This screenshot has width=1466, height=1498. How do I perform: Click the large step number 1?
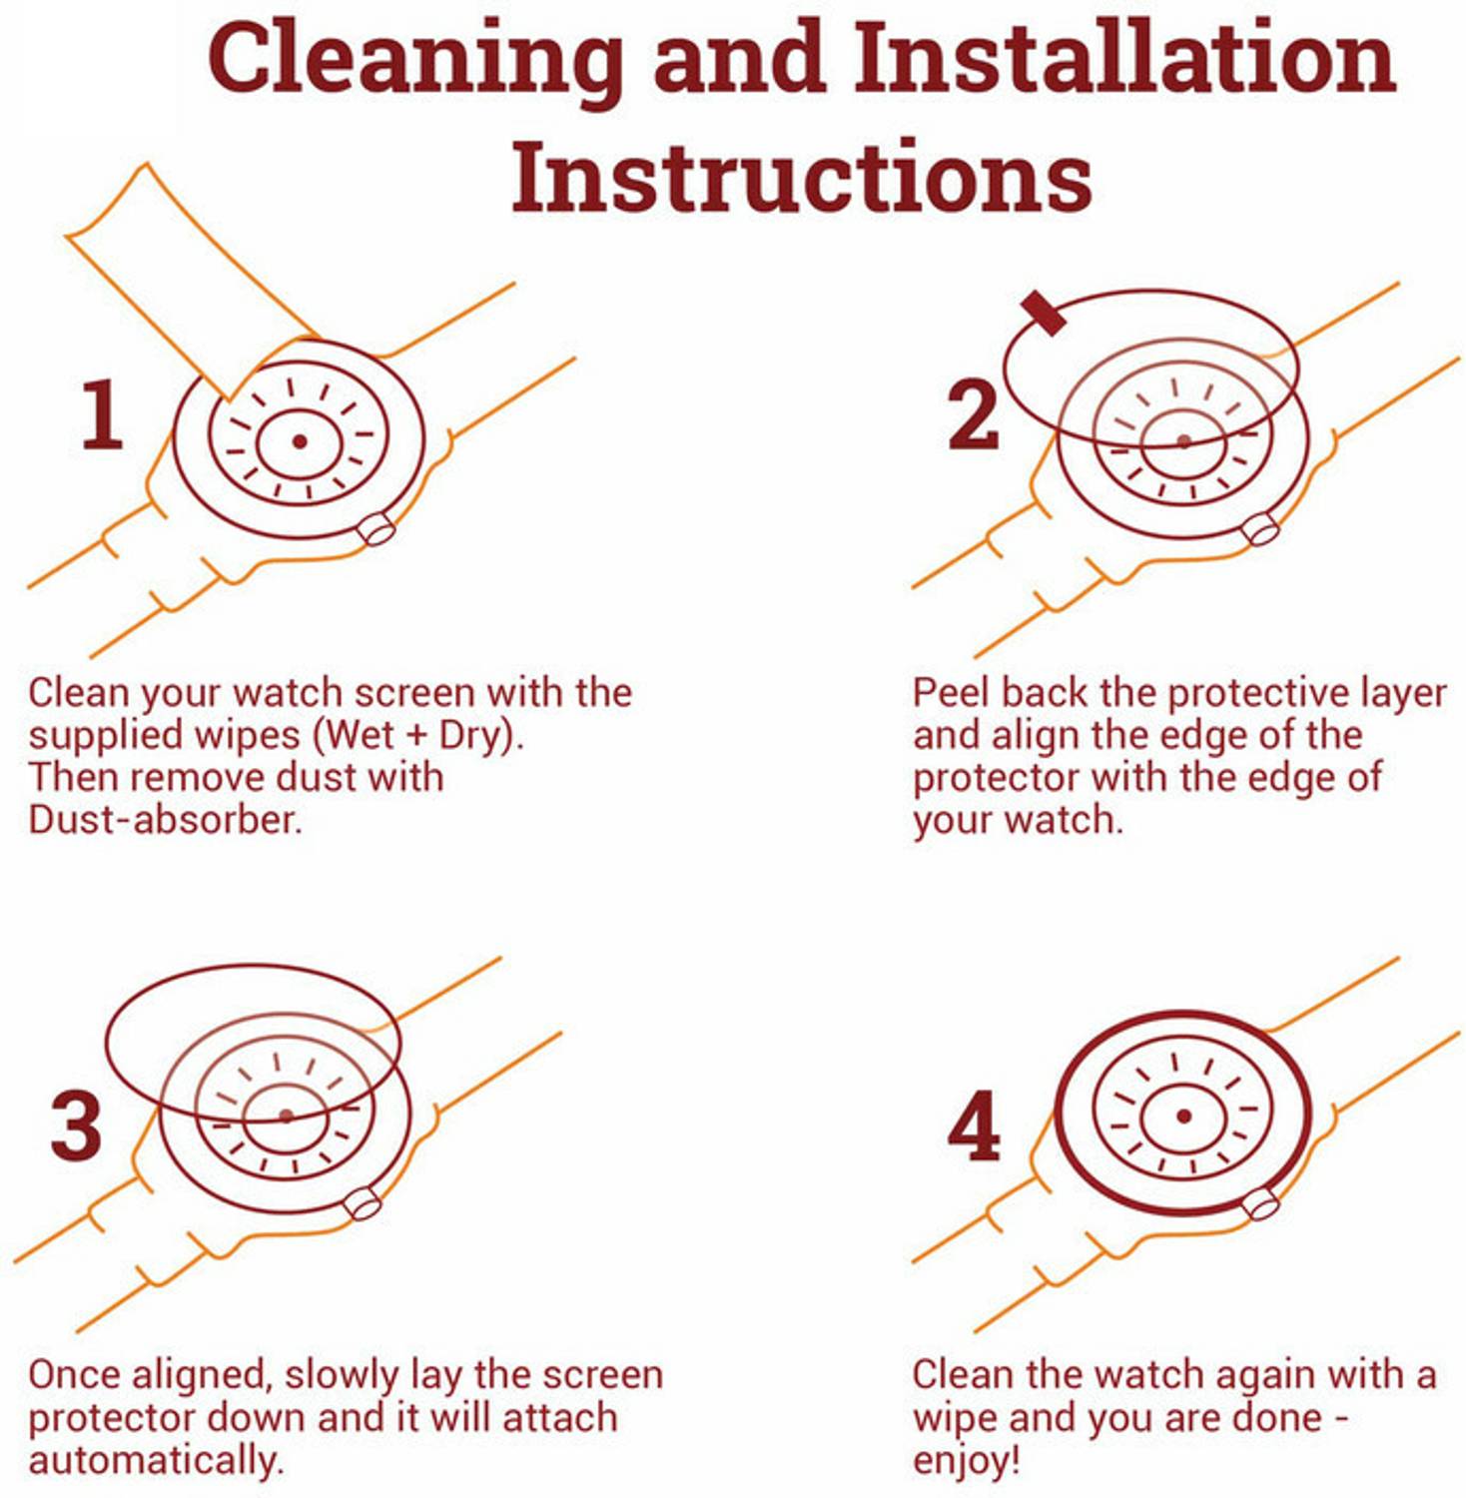[x=102, y=414]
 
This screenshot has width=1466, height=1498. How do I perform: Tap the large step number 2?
[x=973, y=414]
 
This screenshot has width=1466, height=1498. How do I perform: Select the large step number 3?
[x=76, y=1125]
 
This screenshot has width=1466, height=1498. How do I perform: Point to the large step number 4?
[x=974, y=1125]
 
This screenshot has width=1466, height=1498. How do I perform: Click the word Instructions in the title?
[x=802, y=176]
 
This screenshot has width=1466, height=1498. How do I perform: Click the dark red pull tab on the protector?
[x=1043, y=313]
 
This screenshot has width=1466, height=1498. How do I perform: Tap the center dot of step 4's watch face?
[x=1183, y=1116]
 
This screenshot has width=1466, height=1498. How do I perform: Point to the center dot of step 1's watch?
[x=299, y=441]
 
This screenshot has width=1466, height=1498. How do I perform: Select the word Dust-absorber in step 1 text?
[x=165, y=819]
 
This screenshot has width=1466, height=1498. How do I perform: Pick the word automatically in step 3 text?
[x=156, y=1460]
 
